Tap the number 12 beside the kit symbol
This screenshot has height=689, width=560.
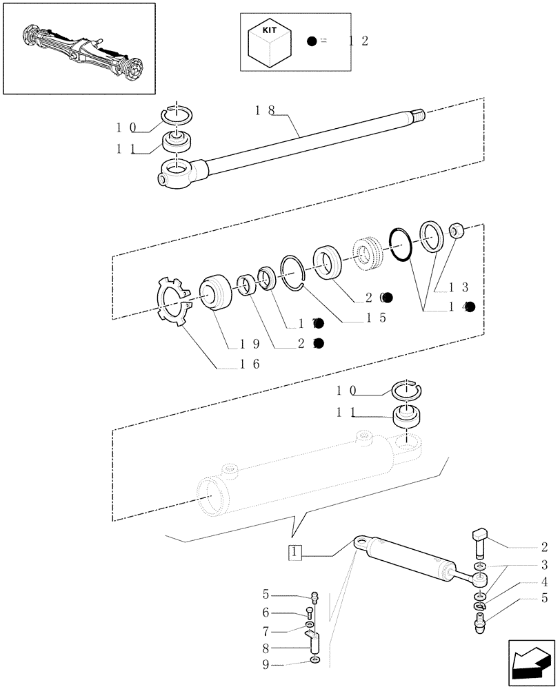click(x=358, y=41)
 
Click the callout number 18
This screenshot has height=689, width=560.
click(x=265, y=110)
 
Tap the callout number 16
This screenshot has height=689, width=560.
click(x=246, y=364)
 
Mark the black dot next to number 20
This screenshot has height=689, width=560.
click(x=388, y=298)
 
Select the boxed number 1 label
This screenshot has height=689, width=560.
click(x=294, y=552)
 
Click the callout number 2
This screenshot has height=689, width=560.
click(x=544, y=548)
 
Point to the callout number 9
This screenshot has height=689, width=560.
click(x=266, y=665)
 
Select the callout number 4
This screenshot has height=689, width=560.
click(x=544, y=582)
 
